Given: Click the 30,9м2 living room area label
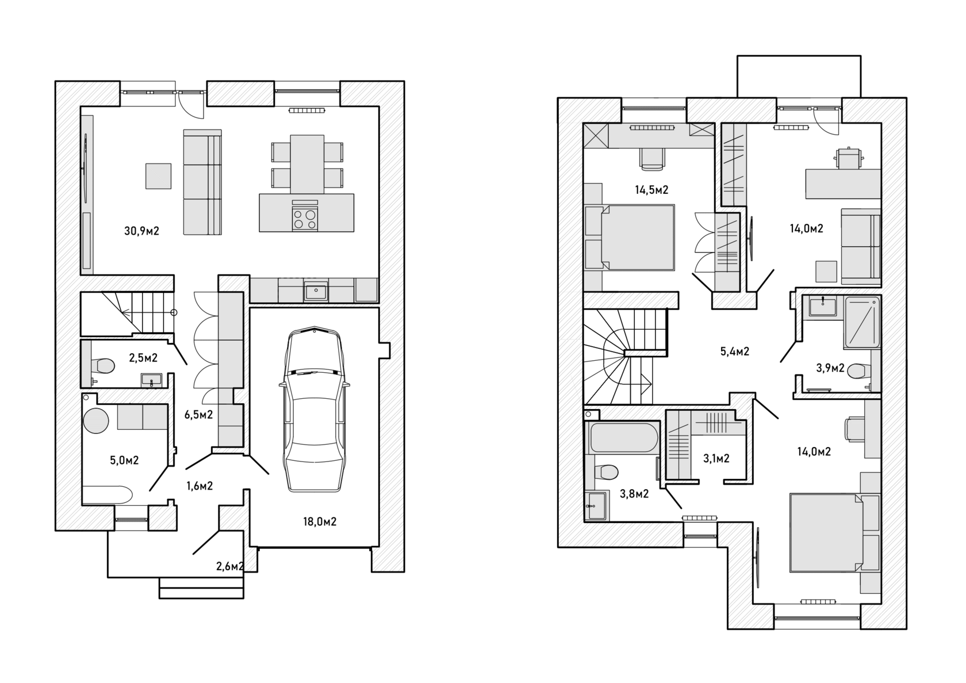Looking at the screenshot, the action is pos(141,231).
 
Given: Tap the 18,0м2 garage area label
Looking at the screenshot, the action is pos(320,522).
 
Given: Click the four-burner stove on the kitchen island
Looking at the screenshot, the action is pos(305,218).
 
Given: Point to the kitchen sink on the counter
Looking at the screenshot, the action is pos(316,291).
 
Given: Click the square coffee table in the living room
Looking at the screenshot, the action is pos(158,176).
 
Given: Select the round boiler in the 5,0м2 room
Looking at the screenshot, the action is pos(95,420).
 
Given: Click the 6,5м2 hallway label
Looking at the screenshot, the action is pos(198,415).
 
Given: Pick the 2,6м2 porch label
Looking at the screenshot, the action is pos(230,566).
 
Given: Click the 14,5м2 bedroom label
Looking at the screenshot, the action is pos(651,190).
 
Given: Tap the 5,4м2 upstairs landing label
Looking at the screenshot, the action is pos(734,351).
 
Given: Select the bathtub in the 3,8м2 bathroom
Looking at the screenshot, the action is pos(624,437).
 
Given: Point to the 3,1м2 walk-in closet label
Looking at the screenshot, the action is pos(716,458).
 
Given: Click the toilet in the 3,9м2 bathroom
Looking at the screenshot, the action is pos(858,371).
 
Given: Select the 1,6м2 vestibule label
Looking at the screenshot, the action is pos(199,486).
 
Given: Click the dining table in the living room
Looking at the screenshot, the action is pos(307,164).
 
